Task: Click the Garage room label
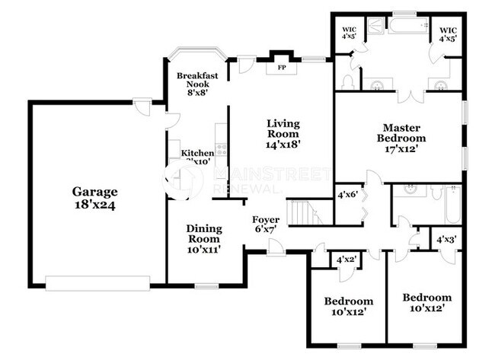(x=95, y=199)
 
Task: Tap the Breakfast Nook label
(x=193, y=84)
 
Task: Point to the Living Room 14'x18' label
(x=283, y=132)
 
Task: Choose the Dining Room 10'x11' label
(x=204, y=238)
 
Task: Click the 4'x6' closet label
(x=347, y=195)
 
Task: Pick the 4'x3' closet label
(x=445, y=240)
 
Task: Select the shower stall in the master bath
(x=375, y=27)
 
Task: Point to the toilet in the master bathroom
(x=348, y=80)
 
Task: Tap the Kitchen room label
(x=196, y=153)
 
